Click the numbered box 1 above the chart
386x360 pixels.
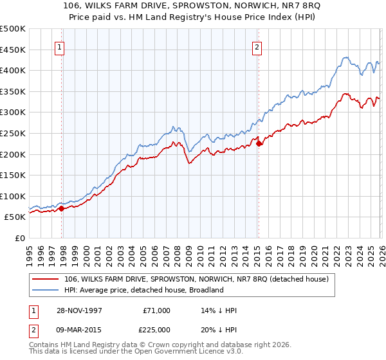(x=59, y=46)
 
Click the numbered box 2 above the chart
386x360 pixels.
(x=257, y=46)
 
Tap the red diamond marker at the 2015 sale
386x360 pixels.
(x=259, y=143)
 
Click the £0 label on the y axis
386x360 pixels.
(x=19, y=238)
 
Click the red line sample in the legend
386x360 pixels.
(x=46, y=279)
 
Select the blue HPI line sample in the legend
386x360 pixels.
(x=46, y=290)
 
